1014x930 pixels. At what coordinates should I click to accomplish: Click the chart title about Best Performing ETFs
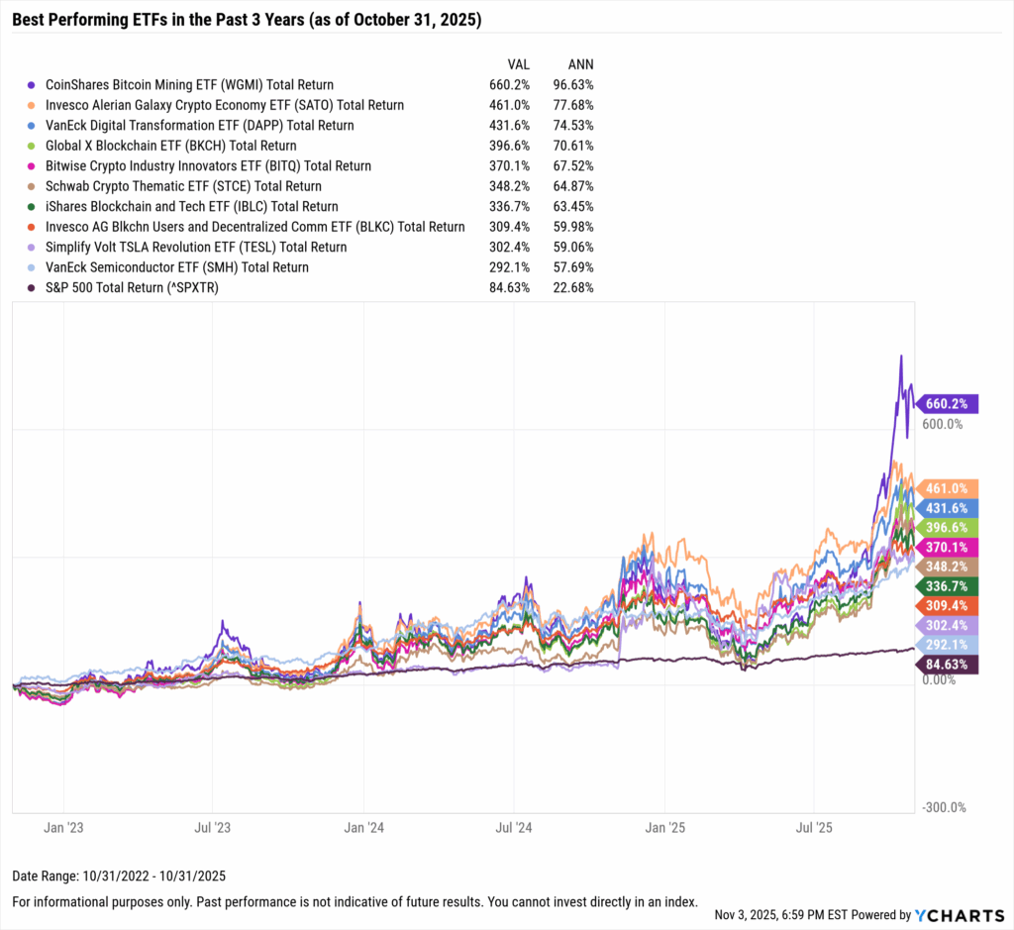(244, 18)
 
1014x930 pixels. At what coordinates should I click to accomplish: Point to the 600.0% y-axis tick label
(943, 424)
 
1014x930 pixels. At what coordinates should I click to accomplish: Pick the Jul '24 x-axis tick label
(514, 826)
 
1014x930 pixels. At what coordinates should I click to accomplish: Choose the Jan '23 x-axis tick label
(63, 826)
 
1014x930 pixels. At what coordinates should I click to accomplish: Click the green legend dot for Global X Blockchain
(34, 146)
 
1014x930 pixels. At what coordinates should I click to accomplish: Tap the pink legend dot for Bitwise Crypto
(34, 166)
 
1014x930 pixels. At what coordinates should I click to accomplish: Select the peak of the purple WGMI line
(900, 356)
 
